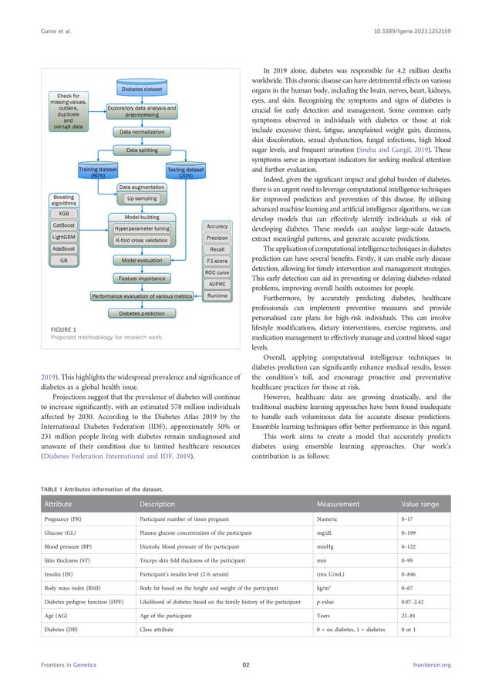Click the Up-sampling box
tap(141, 199)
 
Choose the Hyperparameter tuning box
tap(142, 228)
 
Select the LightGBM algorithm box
tap(63, 237)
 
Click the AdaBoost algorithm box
tap(63, 249)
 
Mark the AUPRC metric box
tap(217, 284)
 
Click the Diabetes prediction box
tap(141, 313)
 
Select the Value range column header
tap(423, 505)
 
